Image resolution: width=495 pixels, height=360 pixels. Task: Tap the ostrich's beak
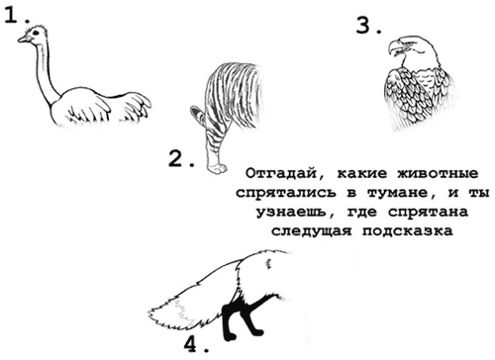click(x=24, y=39)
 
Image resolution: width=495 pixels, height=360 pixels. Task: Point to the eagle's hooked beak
click(x=394, y=48)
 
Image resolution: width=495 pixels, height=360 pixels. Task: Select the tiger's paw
click(x=217, y=167)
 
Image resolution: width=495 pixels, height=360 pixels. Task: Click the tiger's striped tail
click(x=198, y=114)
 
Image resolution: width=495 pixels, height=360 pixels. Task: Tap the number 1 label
click(x=17, y=15)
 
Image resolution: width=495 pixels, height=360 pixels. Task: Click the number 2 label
click(x=181, y=158)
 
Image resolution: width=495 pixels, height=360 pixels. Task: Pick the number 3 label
click(x=369, y=26)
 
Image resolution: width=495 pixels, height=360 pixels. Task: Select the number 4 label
click(x=196, y=345)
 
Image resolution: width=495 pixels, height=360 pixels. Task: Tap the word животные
click(x=438, y=173)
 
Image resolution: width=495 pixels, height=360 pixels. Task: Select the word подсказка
click(x=408, y=231)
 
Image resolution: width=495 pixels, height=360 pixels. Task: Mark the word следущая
click(x=312, y=231)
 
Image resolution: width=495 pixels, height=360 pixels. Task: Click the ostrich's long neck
click(x=45, y=71)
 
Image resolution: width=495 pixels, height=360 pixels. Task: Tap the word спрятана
click(x=428, y=212)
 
